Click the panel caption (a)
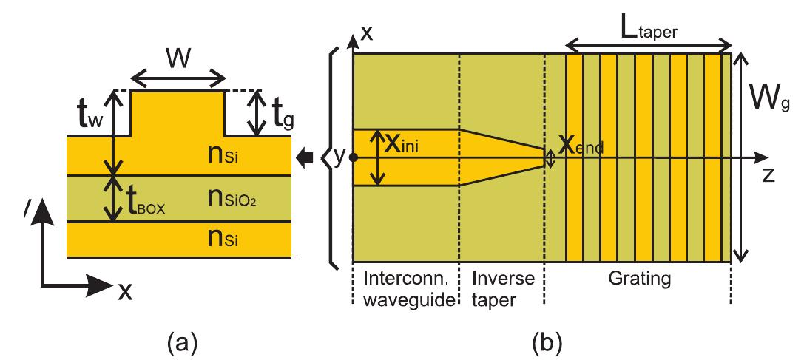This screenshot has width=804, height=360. point(181,341)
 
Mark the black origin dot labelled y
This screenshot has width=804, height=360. point(354,157)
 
